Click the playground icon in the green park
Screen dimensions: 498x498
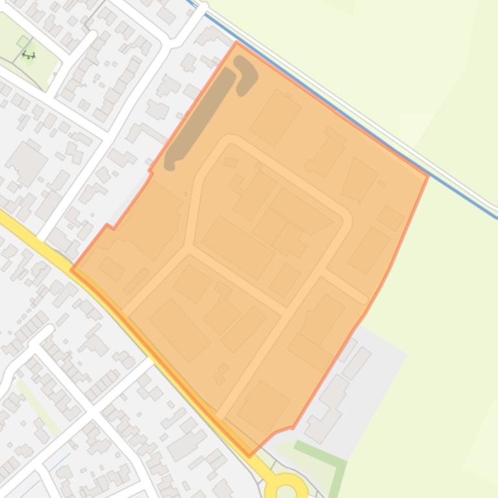coord(28,56)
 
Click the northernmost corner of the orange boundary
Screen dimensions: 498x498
coord(237,43)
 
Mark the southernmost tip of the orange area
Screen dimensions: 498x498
coord(250,456)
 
